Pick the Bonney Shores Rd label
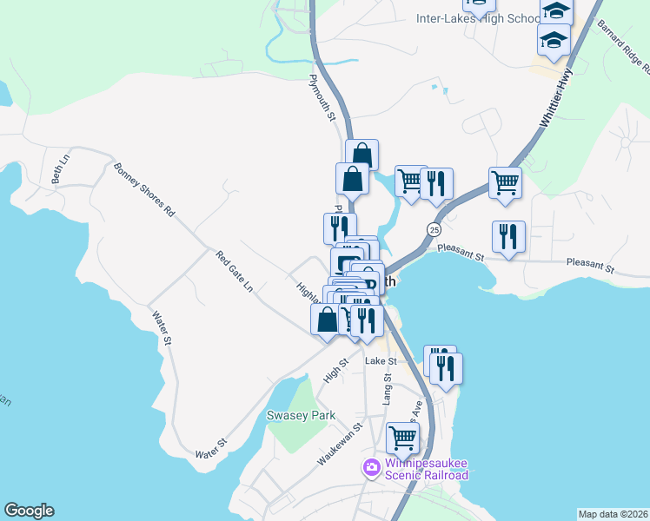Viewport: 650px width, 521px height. (144, 189)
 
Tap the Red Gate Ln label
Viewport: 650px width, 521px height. (235, 271)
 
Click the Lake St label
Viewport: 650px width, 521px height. (381, 360)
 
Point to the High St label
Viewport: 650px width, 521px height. (335, 372)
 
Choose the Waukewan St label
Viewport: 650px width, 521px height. (339, 445)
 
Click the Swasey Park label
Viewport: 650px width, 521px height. (301, 415)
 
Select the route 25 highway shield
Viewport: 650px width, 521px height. (434, 229)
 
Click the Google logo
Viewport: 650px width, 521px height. (29, 511)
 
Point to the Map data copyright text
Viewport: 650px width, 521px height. (612, 514)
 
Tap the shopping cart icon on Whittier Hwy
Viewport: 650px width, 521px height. (505, 183)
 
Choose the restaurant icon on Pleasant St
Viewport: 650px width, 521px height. (508, 236)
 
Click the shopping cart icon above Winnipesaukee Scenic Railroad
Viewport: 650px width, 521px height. (403, 439)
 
